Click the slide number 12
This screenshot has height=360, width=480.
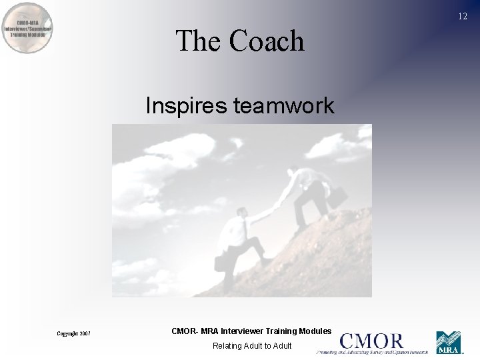coord(463,17)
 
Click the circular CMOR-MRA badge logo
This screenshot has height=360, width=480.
coord(28,28)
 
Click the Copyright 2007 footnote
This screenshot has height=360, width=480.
coord(74,333)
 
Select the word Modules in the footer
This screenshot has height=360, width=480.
coord(315,331)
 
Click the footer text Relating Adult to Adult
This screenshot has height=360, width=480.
coord(252,345)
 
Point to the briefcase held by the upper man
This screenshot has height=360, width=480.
coord(337,194)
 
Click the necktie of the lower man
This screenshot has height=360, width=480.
coord(244,229)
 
